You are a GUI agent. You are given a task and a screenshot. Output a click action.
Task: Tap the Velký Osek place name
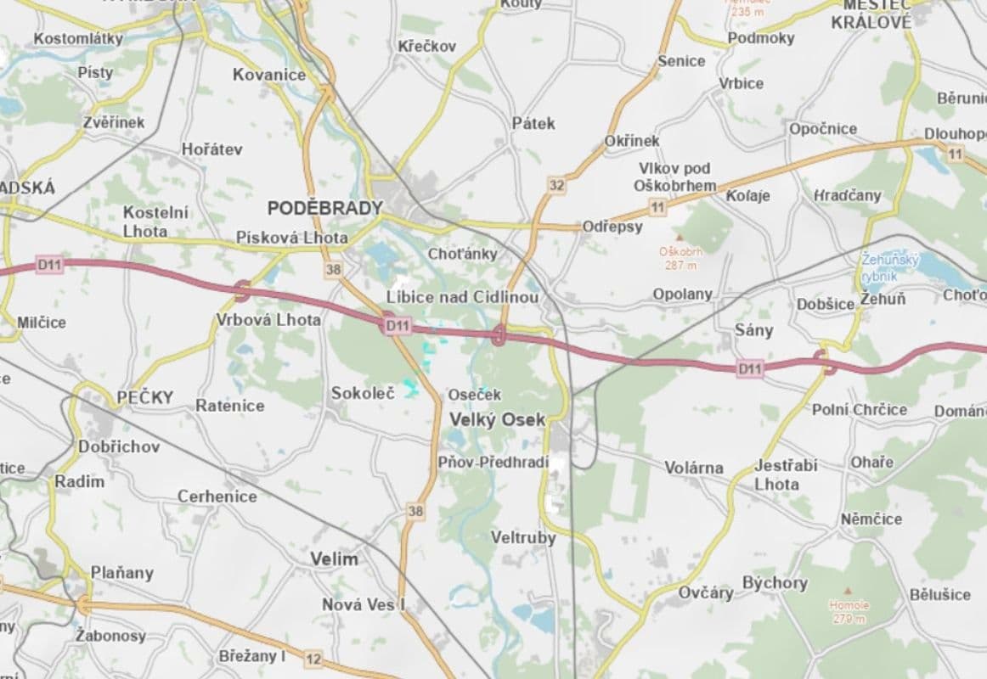point(497,420)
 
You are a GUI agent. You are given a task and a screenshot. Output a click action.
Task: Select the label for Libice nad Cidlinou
point(462,297)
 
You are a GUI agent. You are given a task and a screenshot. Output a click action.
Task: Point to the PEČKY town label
point(145,397)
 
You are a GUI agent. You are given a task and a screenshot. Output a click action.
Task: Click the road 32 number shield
point(556,185)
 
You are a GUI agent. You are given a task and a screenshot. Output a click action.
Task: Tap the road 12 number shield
point(313,659)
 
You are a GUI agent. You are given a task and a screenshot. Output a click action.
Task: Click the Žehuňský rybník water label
point(889,267)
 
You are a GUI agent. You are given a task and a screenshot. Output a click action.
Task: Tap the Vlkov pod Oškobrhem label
point(675,177)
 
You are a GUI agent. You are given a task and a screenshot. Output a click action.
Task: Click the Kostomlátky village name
point(78,39)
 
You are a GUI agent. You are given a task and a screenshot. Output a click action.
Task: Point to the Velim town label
point(334,559)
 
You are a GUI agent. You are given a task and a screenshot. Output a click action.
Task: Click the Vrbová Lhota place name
point(268,320)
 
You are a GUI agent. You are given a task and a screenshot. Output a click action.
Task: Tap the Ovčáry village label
point(705,592)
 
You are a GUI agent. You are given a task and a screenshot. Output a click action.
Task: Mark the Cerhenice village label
point(217,497)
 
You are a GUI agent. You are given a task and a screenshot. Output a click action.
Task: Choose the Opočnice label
point(822,129)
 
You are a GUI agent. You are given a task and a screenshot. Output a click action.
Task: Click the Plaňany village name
point(122,573)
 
